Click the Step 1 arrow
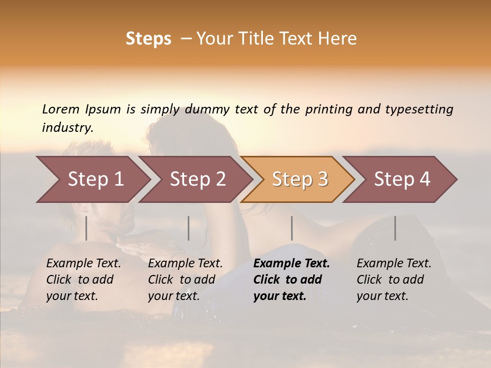click(95, 179)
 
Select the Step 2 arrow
click(197, 179)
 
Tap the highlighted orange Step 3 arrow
click(300, 179)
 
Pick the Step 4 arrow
click(402, 179)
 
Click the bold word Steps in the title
click(148, 39)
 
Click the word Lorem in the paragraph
click(60, 109)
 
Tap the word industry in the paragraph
click(67, 128)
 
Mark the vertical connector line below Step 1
click(86, 228)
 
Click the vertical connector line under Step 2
click(189, 228)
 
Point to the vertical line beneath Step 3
click(292, 228)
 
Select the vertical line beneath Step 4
click(395, 228)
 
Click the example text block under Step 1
click(83, 280)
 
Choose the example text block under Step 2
click(185, 280)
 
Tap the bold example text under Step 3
click(292, 280)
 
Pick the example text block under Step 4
click(394, 280)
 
